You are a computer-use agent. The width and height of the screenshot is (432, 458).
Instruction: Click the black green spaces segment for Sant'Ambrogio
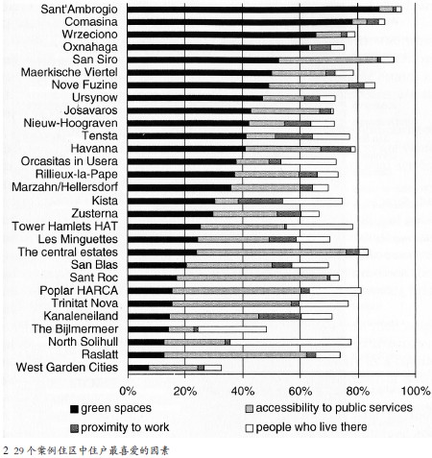253,10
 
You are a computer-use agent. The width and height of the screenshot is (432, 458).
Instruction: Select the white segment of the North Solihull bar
291,342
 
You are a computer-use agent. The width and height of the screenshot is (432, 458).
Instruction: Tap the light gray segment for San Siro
328,60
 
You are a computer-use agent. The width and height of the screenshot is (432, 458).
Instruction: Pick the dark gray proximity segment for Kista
260,202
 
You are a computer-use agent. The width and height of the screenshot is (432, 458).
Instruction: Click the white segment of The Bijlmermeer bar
232,329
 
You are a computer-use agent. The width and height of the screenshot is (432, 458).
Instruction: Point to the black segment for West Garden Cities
138,368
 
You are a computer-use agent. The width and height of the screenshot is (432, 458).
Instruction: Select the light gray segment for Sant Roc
252,277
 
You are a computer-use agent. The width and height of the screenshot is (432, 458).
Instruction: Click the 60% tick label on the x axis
300,391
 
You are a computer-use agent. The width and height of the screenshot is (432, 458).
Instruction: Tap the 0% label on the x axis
128,391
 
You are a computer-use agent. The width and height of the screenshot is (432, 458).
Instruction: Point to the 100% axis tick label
416,391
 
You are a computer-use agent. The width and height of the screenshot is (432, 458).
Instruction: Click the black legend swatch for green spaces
74,409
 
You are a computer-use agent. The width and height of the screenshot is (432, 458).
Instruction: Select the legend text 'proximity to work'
125,427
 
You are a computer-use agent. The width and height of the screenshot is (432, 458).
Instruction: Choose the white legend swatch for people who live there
250,428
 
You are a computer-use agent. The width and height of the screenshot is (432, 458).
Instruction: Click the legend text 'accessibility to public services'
334,408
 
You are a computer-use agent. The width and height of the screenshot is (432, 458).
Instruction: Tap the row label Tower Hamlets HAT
65,227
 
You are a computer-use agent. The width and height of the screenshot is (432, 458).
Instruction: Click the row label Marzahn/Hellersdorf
65,187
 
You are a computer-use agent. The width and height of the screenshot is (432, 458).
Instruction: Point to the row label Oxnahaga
90,47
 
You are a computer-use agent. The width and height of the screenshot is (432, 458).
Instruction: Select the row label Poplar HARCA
79,291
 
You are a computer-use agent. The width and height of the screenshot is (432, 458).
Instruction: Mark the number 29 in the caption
19,451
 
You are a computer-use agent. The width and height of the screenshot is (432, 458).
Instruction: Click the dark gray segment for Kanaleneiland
279,317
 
